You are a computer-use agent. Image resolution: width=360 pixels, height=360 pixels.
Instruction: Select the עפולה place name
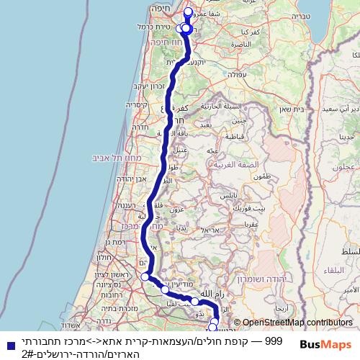(238, 73)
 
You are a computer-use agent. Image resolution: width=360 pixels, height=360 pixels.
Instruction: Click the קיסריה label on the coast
(137, 104)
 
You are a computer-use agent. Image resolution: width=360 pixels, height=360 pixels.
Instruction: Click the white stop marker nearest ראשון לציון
(145, 276)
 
